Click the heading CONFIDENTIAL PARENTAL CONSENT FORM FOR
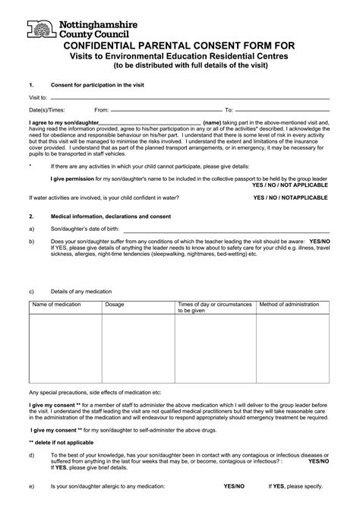180,45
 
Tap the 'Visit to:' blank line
190,99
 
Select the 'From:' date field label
101,110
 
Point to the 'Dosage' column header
115,304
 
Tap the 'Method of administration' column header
289,304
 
